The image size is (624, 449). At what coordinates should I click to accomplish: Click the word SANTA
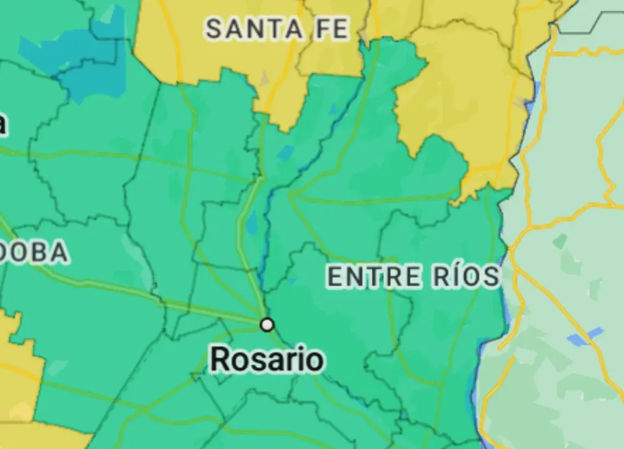[251, 29]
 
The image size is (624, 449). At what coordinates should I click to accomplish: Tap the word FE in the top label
[332, 29]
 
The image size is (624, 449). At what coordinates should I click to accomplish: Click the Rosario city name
[266, 360]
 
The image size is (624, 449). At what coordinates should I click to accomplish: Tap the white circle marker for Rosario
[267, 324]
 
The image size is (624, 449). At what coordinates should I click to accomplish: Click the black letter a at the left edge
[2, 124]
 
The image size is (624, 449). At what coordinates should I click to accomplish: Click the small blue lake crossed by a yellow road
[584, 336]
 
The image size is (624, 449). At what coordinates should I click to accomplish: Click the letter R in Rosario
[220, 360]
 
